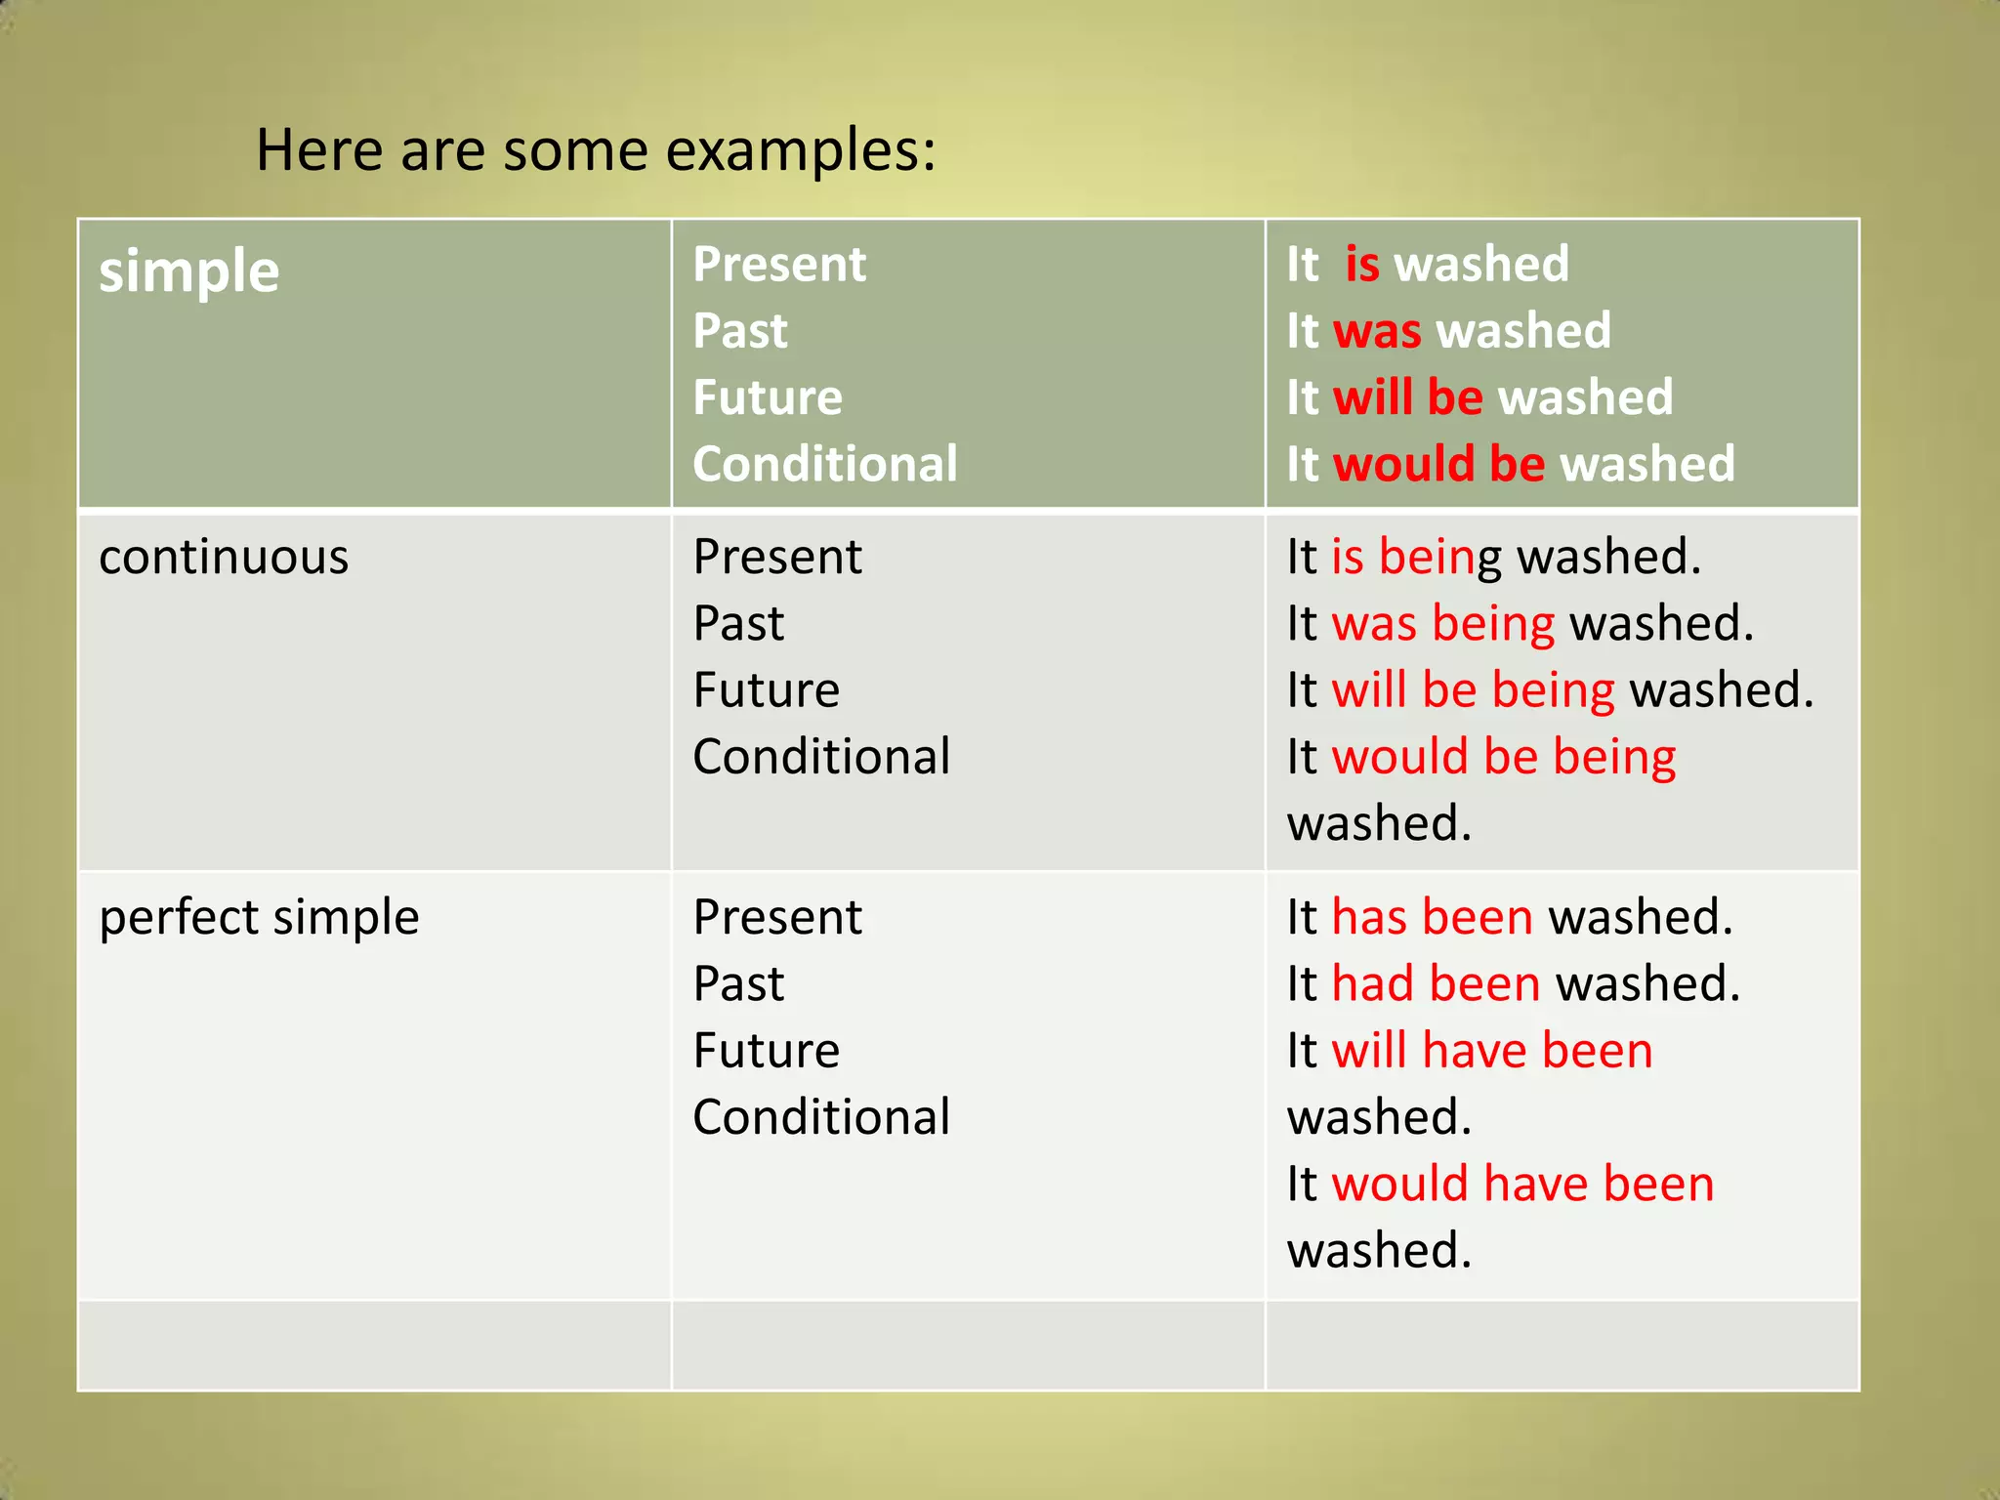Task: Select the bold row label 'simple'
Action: tap(189, 271)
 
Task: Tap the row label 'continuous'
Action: tap(224, 558)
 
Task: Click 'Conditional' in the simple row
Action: tap(825, 464)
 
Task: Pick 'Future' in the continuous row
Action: tap(767, 690)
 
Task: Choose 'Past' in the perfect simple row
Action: tap(738, 983)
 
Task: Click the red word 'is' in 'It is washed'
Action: tap(1362, 265)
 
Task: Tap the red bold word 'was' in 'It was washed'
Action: tap(1377, 331)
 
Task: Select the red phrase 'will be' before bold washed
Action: tap(1408, 397)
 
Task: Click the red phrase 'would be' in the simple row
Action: tap(1438, 464)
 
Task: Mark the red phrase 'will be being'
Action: tap(1473, 690)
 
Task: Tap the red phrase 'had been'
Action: tap(1436, 983)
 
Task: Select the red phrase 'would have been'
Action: tap(1522, 1185)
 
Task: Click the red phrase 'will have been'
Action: tap(1492, 1052)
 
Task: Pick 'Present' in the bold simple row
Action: tap(779, 265)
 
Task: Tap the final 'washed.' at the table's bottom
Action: tap(1378, 1251)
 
